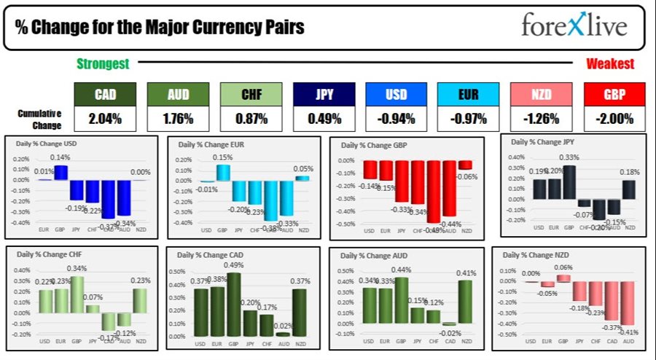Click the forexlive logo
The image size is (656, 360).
click(574, 26)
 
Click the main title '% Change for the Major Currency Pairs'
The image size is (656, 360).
click(159, 28)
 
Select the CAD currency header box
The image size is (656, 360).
click(105, 94)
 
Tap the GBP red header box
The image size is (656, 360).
click(614, 94)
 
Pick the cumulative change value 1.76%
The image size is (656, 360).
click(179, 118)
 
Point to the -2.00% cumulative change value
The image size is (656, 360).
click(614, 118)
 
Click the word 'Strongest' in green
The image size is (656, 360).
click(103, 64)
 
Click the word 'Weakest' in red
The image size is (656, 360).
click(610, 64)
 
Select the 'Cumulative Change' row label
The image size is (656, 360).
click(39, 118)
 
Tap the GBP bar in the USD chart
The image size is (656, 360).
click(60, 173)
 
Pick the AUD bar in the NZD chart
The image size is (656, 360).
click(628, 303)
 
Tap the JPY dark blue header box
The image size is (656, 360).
click(324, 94)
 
